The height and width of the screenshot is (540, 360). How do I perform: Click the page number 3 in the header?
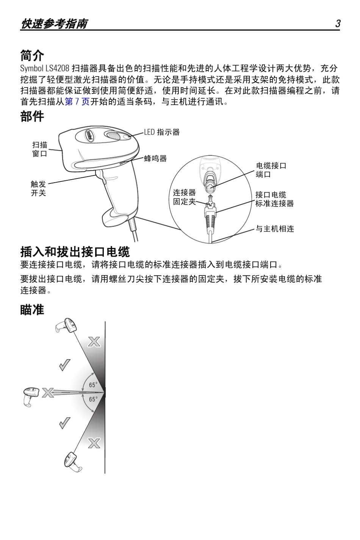(337, 24)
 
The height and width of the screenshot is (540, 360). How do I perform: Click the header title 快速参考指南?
(54, 24)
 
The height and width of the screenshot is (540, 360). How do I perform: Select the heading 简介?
(32, 56)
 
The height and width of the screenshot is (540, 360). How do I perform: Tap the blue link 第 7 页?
(77, 102)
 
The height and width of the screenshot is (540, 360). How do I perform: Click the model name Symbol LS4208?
(45, 69)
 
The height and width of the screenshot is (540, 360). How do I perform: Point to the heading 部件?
(32, 116)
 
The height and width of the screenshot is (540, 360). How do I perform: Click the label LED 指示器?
(161, 132)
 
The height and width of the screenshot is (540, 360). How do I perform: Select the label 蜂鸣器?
(155, 158)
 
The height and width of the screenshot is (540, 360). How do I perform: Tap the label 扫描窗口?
(39, 149)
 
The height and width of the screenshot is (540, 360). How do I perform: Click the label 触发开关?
(38, 188)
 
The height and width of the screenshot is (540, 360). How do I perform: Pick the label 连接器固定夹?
(184, 197)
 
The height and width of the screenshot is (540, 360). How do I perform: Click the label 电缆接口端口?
(271, 170)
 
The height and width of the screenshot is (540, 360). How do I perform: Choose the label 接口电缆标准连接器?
(274, 199)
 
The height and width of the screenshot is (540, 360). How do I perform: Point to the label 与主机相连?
(275, 229)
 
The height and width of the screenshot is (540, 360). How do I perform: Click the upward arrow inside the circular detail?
(211, 199)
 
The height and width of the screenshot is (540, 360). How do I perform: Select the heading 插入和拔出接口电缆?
(75, 252)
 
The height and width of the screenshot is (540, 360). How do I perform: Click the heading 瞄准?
(32, 310)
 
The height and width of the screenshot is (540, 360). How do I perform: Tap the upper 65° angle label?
(93, 385)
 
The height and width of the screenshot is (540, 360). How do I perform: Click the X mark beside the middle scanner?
(48, 393)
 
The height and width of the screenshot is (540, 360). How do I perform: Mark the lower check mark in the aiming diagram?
(65, 423)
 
